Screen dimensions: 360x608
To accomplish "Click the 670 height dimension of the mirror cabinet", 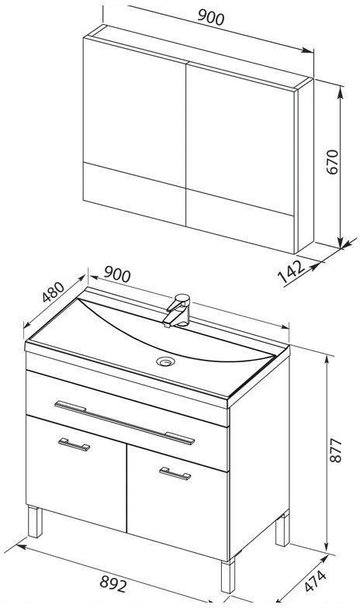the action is pos(334,161).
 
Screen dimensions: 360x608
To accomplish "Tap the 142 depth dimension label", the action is pos(292,271).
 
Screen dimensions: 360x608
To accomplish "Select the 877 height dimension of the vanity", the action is pos(335,450).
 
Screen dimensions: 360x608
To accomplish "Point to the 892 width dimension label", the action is pos(113,583).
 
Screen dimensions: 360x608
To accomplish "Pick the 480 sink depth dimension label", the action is pos(53,292).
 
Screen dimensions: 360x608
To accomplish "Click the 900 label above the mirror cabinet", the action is pos(211,17).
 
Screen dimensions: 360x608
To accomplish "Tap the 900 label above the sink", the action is pos(116,275).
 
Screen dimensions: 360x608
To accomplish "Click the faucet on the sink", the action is pos(177,310).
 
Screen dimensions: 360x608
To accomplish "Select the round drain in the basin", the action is pos(165,361).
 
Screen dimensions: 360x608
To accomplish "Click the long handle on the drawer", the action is pos(124,423).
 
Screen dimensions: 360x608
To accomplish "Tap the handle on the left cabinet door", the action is pos(74,444).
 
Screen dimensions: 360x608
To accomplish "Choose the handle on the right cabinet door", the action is pos(175,473).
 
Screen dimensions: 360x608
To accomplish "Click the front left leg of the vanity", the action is pos(35,521).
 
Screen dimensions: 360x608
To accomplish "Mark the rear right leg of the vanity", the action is pos(282,529).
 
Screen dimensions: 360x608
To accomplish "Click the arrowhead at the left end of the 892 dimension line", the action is pos(19,548).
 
